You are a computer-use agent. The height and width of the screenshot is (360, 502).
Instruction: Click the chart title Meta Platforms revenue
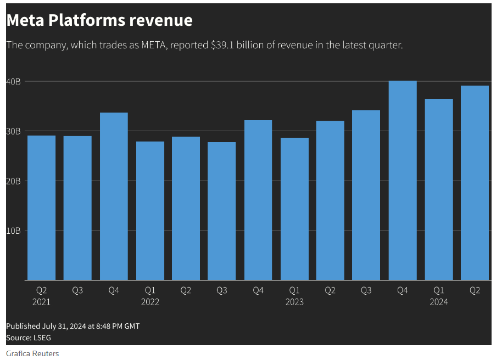click(x=99, y=20)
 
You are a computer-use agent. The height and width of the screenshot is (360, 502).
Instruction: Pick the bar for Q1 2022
click(x=150, y=211)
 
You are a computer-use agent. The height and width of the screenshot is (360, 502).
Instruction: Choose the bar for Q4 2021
click(x=114, y=196)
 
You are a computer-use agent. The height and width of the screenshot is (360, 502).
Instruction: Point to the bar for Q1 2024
click(x=439, y=189)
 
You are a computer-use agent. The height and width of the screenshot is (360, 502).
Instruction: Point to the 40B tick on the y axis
click(x=14, y=82)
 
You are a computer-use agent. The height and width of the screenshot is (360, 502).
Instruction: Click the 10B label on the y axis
click(x=14, y=230)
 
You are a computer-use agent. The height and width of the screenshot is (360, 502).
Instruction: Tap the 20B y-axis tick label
click(x=14, y=181)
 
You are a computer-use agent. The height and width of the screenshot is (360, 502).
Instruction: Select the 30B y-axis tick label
click(x=14, y=131)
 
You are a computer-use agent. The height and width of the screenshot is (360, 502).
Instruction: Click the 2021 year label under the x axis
click(x=41, y=302)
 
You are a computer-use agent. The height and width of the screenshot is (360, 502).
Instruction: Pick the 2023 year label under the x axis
click(x=294, y=302)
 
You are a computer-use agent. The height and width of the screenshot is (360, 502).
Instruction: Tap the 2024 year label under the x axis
click(x=439, y=302)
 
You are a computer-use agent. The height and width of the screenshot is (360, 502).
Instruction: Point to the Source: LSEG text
click(x=29, y=337)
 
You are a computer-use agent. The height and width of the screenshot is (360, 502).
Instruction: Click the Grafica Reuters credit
click(x=32, y=353)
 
